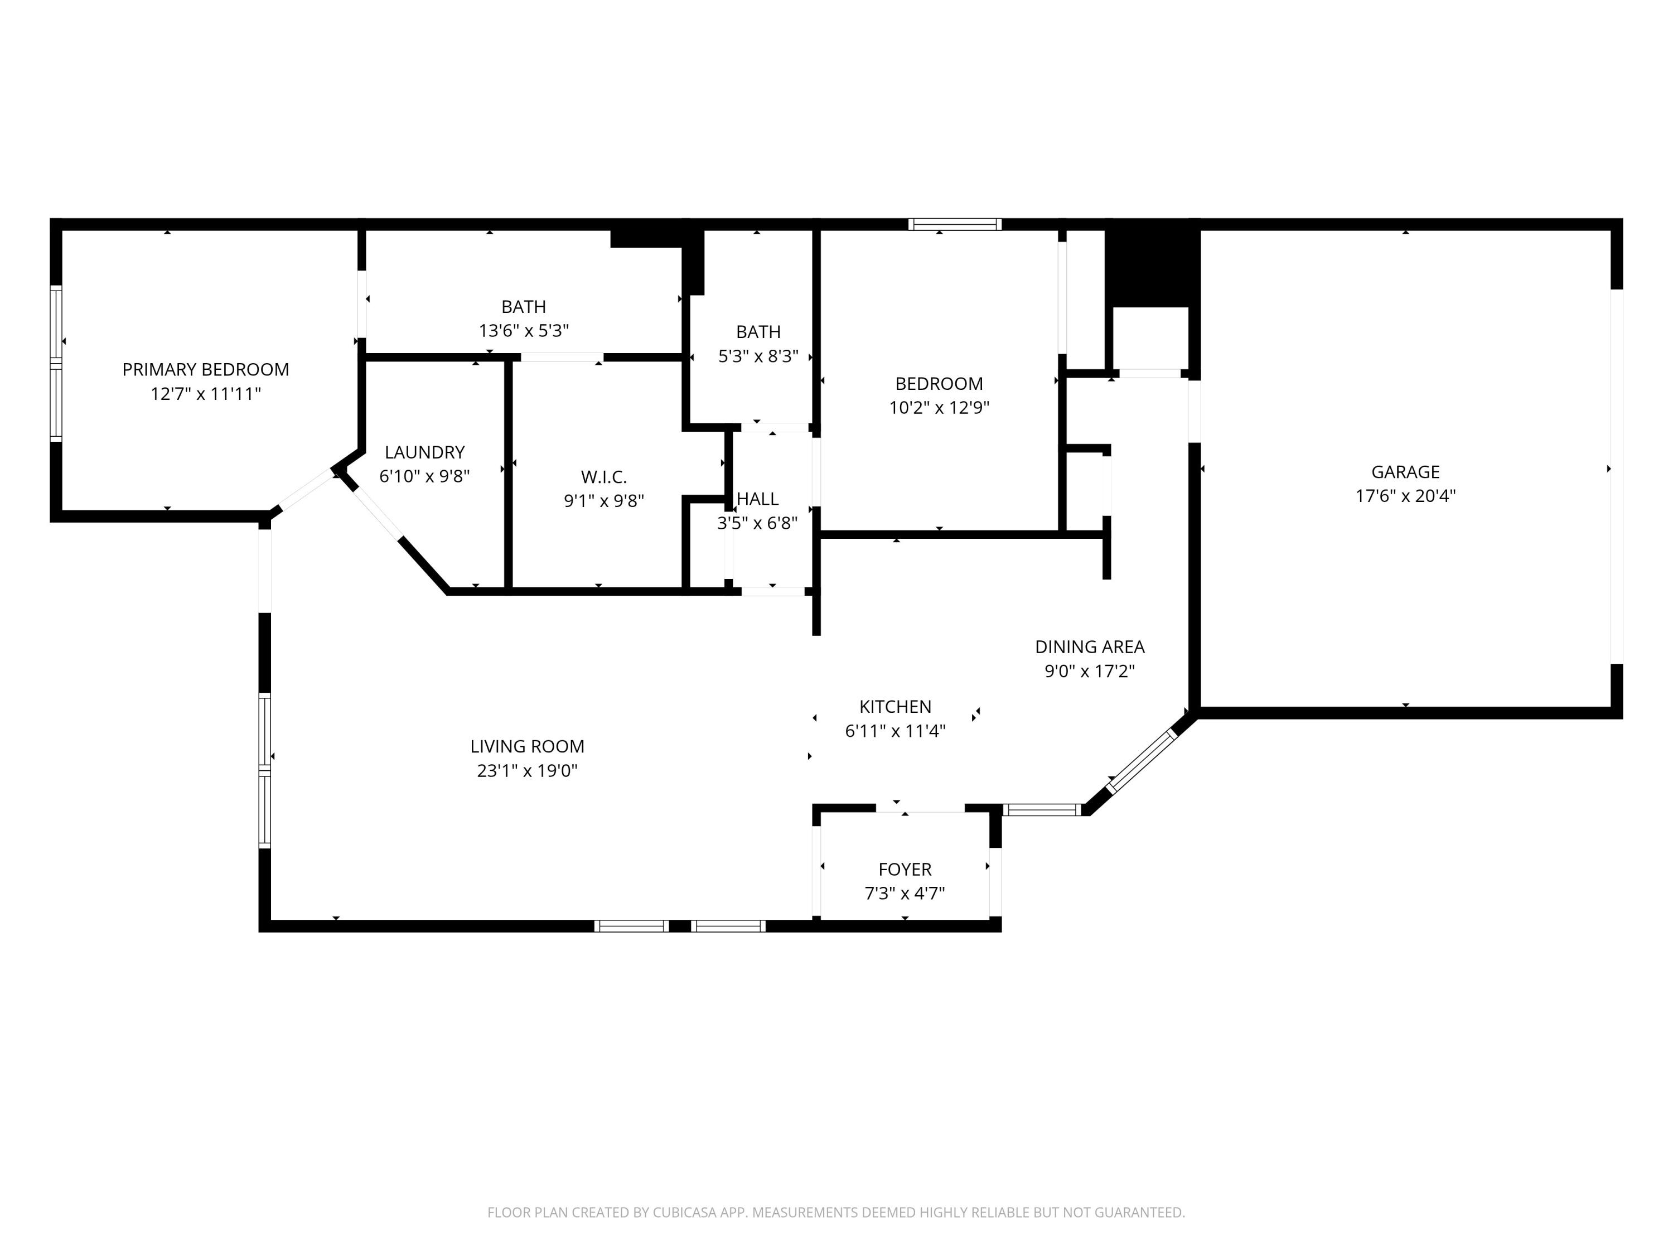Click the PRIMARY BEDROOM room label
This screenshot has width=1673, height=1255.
tap(206, 369)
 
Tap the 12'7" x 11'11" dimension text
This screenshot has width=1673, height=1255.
tap(206, 394)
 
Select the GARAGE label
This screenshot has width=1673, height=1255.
tap(1405, 472)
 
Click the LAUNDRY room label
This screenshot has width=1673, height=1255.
tap(424, 452)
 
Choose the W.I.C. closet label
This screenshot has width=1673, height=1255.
tap(603, 477)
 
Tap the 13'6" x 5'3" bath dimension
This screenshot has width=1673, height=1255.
tap(524, 331)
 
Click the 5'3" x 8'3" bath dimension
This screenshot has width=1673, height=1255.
tap(758, 356)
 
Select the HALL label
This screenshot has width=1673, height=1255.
tap(758, 499)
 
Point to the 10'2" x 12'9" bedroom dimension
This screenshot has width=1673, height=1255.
tap(939, 408)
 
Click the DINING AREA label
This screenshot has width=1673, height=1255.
tap(1090, 647)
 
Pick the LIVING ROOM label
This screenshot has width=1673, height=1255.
tap(527, 747)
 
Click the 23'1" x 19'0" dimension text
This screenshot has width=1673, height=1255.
tap(527, 771)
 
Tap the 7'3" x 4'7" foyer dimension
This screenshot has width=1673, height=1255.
tap(905, 894)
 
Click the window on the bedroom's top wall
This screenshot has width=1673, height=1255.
tap(955, 224)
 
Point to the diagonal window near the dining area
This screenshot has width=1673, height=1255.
tap(1142, 760)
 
